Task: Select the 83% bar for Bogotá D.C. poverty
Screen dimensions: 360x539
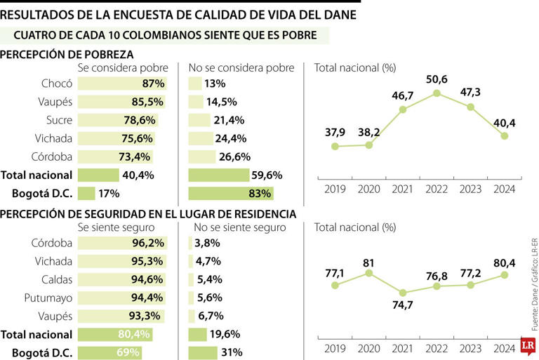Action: [231, 193]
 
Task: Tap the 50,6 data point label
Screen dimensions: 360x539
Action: [437, 79]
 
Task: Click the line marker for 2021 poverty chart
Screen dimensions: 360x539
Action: [403, 109]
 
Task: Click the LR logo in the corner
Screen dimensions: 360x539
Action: [527, 347]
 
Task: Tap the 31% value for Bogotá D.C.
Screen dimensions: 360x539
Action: [232, 352]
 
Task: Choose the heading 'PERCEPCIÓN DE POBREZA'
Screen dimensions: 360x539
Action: [69, 54]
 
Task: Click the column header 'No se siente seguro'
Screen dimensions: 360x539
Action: [239, 227]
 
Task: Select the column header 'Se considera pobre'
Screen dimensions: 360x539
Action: [123, 68]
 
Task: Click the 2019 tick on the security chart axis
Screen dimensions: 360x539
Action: [335, 348]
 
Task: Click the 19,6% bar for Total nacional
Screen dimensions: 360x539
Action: [198, 335]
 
